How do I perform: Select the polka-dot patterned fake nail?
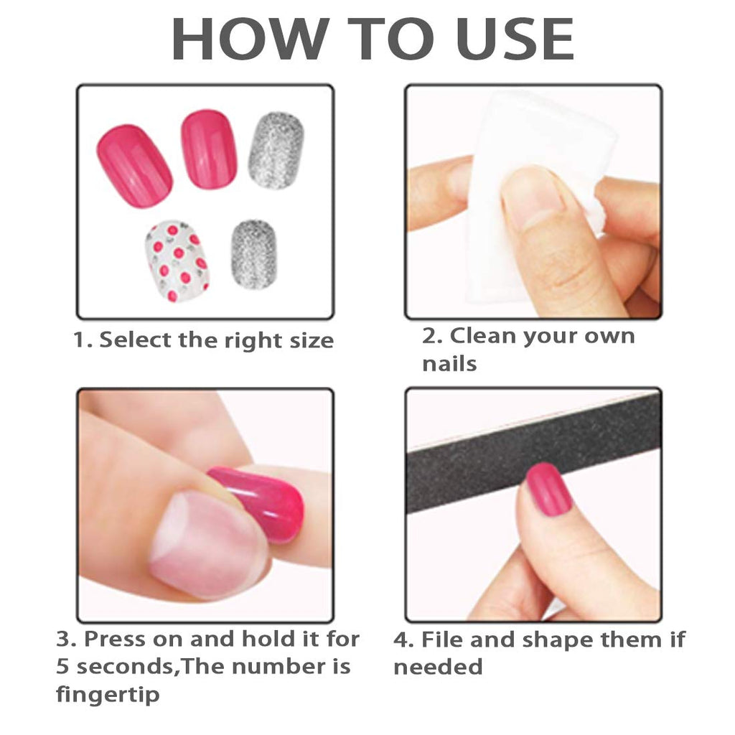point(177,261)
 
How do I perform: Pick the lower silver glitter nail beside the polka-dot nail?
point(253,255)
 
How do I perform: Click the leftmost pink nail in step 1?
point(135,166)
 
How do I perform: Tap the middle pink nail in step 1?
point(209,149)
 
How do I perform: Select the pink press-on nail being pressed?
point(260,502)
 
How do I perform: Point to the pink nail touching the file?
point(548,490)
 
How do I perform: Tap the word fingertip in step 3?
point(108,694)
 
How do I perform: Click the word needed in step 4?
point(438,667)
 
